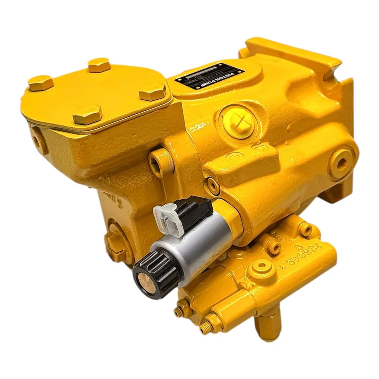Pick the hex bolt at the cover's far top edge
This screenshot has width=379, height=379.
pos(99,65)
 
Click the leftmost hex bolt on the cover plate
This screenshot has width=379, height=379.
pos(41,83)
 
